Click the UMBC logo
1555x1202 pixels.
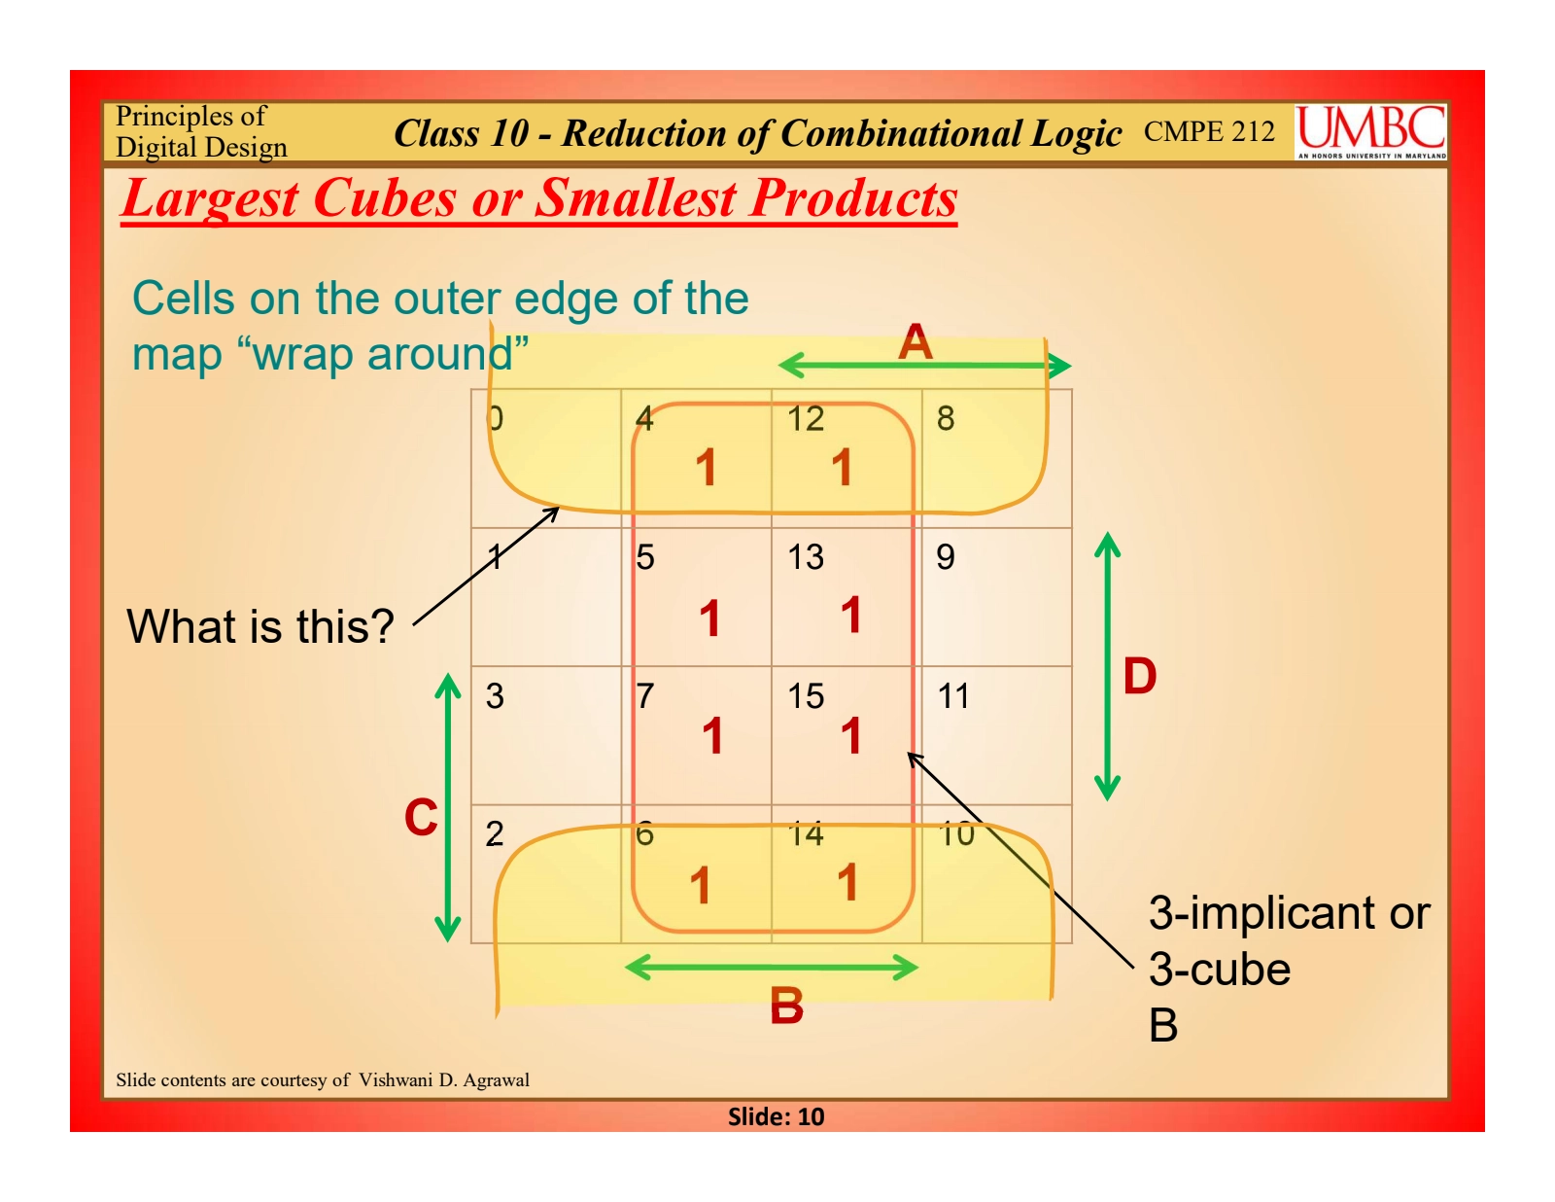pyautogui.click(x=1370, y=131)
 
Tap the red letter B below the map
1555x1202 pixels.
pyautogui.click(x=786, y=1006)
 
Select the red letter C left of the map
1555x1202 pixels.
pyautogui.click(x=421, y=817)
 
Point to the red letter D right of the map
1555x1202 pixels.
pyautogui.click(x=1140, y=676)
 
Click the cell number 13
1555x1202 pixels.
pyautogui.click(x=806, y=557)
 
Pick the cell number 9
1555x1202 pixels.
pyautogui.click(x=946, y=557)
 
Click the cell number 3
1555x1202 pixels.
pyautogui.click(x=495, y=696)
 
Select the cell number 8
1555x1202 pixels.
pyautogui.click(x=946, y=418)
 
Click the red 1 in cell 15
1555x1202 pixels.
pyautogui.click(x=850, y=735)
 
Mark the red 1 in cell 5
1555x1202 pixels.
pyautogui.click(x=709, y=618)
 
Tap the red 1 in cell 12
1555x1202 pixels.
pyautogui.click(x=842, y=467)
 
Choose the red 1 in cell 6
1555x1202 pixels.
pyautogui.click(x=700, y=885)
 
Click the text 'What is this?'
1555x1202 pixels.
pyautogui.click(x=260, y=626)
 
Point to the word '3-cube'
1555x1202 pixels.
pyautogui.click(x=1220, y=970)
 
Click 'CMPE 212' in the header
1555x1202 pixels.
pyautogui.click(x=1209, y=131)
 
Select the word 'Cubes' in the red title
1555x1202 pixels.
pyautogui.click(x=384, y=197)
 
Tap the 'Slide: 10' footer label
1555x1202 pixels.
pyautogui.click(x=776, y=1116)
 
